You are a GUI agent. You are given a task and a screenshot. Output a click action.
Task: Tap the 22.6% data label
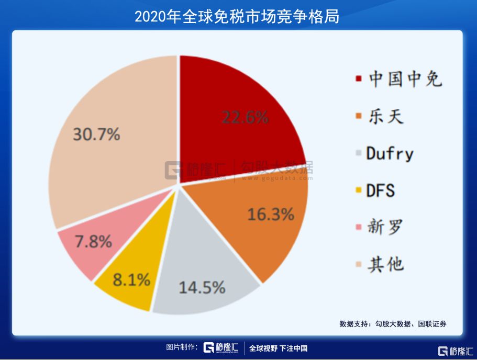coord(245,117)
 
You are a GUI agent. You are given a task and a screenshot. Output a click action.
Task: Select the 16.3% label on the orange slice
coord(270,214)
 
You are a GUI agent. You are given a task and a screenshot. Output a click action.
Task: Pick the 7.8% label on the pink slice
coord(93,242)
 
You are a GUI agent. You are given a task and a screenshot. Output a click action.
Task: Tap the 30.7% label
coord(96,134)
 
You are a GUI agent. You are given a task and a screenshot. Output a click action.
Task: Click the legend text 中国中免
coord(405,79)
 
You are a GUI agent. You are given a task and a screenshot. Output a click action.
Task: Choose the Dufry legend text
coord(390,153)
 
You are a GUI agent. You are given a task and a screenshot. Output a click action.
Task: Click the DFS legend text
coord(381,190)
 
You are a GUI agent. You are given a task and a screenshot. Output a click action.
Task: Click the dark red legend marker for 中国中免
coord(358,79)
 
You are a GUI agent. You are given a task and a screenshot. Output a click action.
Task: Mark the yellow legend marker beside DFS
coord(358,190)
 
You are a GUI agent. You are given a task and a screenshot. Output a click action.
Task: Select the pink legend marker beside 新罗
coord(358,228)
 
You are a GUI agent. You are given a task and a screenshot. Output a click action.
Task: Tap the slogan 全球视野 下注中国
coord(278,348)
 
